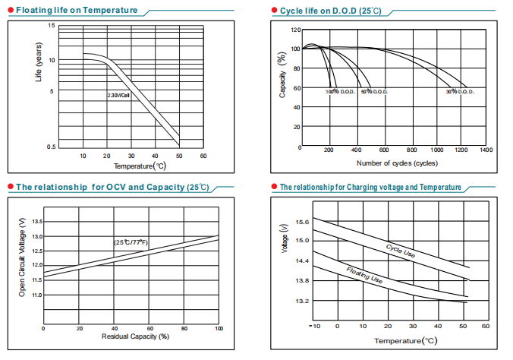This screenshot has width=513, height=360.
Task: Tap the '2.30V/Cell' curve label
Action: (118, 96)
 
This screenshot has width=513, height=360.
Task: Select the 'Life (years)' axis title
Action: (39, 64)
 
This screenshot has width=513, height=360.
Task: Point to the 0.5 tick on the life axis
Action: (52, 146)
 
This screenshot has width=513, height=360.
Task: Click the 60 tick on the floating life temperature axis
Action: (203, 156)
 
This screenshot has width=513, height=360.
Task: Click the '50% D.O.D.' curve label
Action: (375, 92)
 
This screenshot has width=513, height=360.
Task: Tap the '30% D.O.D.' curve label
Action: (460, 92)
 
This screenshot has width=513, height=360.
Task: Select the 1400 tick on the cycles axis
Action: (486, 150)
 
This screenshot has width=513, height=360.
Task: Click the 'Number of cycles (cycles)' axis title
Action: (396, 163)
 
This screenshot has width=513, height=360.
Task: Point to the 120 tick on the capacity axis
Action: (295, 30)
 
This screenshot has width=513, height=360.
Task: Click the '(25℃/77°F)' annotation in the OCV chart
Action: (131, 242)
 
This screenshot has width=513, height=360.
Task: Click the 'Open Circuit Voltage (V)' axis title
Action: (22, 257)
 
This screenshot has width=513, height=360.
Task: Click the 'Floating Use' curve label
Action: (364, 276)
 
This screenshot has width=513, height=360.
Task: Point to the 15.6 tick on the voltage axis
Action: (301, 222)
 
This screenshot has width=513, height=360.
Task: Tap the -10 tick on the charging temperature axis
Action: (315, 327)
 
